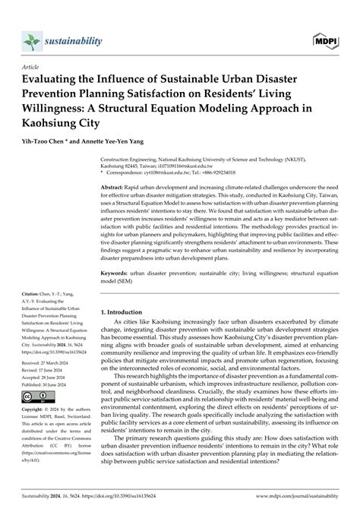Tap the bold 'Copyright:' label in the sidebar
(34, 412)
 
